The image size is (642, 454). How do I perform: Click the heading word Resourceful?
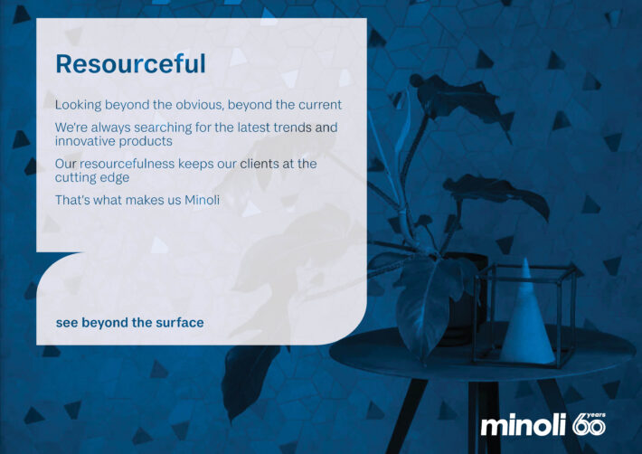pyautogui.click(x=130, y=64)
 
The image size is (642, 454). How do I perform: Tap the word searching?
pyautogui.click(x=163, y=128)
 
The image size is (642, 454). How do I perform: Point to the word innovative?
pyautogui.click(x=84, y=141)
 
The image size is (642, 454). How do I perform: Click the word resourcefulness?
pyautogui.click(x=127, y=164)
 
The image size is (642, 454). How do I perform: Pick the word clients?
pyautogui.click(x=260, y=164)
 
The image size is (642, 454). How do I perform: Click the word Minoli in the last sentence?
pyautogui.click(x=202, y=200)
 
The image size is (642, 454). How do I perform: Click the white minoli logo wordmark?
pyautogui.click(x=524, y=426)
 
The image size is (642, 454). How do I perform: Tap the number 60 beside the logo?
pyautogui.click(x=589, y=426)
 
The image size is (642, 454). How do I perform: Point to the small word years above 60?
pyautogui.click(x=596, y=416)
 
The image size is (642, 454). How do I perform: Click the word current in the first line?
pyautogui.click(x=320, y=105)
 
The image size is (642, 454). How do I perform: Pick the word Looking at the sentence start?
pyautogui.click(x=78, y=105)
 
